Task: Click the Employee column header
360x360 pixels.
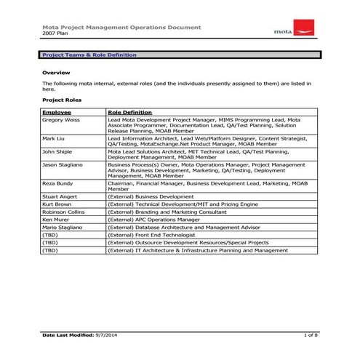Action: (57, 113)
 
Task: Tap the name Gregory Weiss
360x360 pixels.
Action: (61, 120)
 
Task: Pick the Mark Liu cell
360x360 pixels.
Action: (52, 137)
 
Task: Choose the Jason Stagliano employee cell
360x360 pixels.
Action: (63, 165)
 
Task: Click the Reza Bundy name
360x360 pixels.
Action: (57, 183)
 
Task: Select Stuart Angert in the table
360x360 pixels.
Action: (59, 197)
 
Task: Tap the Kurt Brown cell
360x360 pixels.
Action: (56, 204)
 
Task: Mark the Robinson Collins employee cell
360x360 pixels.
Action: (63, 212)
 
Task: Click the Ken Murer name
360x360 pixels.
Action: (55, 219)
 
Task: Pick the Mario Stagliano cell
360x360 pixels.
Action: (61, 227)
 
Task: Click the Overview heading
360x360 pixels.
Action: (55, 73)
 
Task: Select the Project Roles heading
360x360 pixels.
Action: (62, 100)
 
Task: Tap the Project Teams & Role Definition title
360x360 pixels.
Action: (89, 55)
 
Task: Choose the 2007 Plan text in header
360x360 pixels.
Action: (54, 34)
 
